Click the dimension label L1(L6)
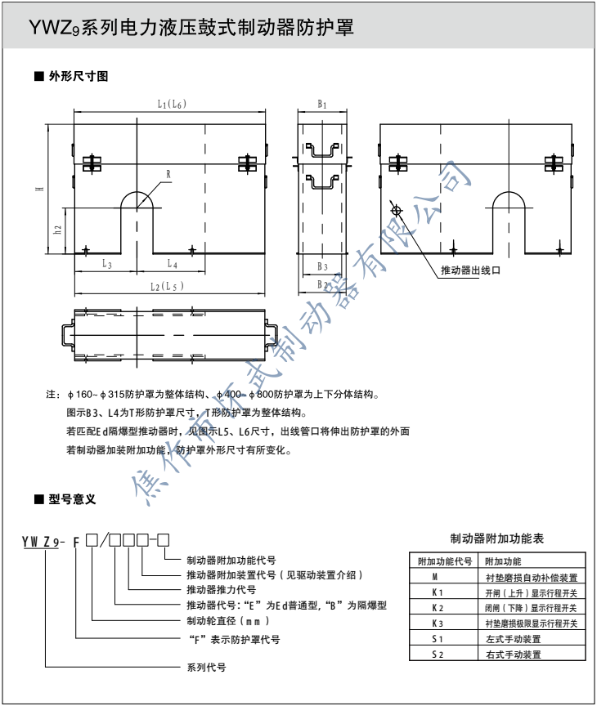[x=171, y=104]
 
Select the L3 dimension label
[x=106, y=264]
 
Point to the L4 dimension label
[x=172, y=264]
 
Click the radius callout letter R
[x=168, y=174]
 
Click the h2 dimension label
[x=57, y=231]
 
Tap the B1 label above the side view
[x=323, y=105]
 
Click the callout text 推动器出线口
[x=469, y=270]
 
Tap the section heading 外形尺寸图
[x=77, y=77]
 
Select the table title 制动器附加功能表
[x=497, y=539]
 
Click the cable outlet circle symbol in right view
[x=397, y=211]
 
